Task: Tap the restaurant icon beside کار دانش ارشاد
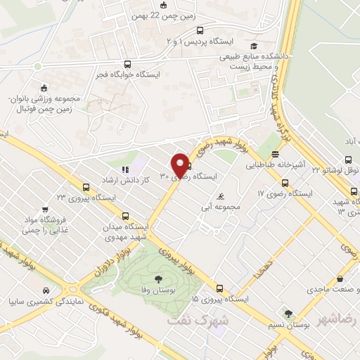126,169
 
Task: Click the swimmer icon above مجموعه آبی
222,196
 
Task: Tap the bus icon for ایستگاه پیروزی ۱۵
220,288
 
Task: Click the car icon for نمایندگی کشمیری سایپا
45,290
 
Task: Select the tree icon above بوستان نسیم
288,314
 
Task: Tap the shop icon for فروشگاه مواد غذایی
45,209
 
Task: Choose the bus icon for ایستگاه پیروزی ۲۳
86,187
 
